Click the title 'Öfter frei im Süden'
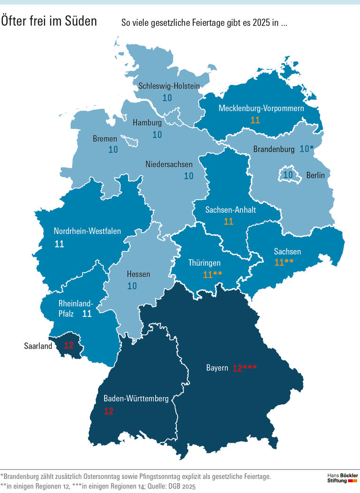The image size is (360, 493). [49, 21]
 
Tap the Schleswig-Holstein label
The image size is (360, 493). [169, 86]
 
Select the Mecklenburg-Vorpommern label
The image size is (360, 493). [261, 109]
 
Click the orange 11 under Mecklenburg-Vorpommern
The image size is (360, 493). [255, 120]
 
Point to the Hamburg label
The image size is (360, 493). [147, 123]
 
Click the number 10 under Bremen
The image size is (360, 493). [113, 150]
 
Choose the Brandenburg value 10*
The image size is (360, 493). [307, 149]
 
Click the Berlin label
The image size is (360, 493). [315, 175]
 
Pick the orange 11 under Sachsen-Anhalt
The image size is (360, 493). [229, 221]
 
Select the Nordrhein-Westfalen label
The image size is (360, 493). [87, 231]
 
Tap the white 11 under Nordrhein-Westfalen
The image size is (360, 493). [59, 244]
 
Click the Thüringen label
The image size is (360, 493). [204, 263]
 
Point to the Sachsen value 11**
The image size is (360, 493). [284, 262]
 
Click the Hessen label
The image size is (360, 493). [139, 274]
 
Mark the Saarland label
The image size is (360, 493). [38, 346]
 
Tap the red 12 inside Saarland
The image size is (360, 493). [69, 346]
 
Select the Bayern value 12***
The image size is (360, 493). [245, 368]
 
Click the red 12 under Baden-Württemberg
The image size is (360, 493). [109, 411]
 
